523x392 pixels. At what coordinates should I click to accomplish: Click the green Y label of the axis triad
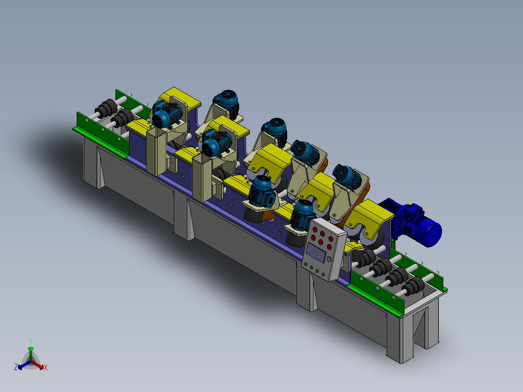coord(31,341)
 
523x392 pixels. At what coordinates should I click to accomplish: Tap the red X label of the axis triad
coord(46,367)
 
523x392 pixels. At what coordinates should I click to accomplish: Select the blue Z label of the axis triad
coord(16,367)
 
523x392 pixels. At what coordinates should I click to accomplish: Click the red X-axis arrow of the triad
coord(37,365)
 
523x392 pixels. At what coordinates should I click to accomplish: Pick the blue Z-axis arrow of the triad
coord(24,365)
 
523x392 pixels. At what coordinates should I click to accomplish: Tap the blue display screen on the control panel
coord(316,252)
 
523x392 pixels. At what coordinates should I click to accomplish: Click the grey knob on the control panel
coord(329,259)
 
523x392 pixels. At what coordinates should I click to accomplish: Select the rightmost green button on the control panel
coord(323,275)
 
